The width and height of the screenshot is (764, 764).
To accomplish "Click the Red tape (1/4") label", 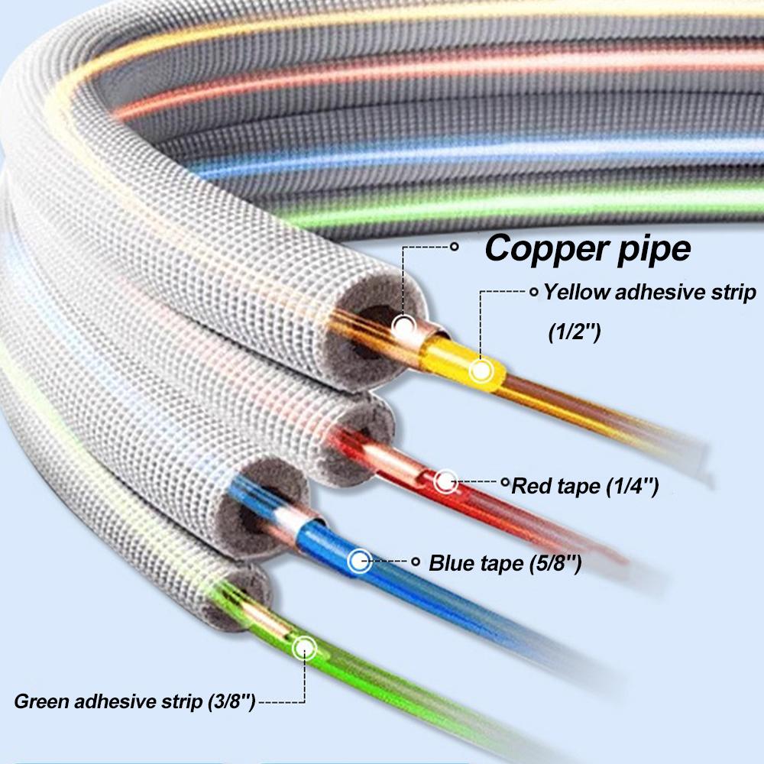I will click(x=585, y=485).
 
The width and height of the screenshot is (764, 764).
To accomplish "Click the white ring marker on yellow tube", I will click(x=481, y=371).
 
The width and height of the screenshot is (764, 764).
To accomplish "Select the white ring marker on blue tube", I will click(x=358, y=562).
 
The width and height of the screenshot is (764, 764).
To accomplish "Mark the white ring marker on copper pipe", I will click(x=403, y=326).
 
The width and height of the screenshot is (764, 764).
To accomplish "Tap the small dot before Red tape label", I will click(x=504, y=483).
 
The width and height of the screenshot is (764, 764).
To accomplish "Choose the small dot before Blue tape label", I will click(x=416, y=562).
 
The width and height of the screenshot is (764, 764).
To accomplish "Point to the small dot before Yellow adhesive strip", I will click(x=533, y=292).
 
